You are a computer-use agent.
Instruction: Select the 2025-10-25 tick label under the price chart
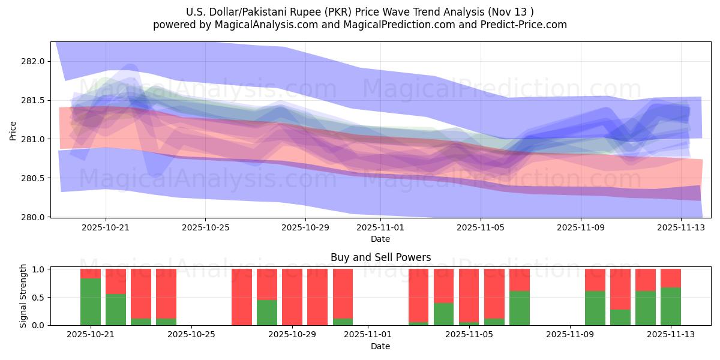tap(205, 227)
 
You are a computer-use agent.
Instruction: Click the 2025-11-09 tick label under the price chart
tap(580, 227)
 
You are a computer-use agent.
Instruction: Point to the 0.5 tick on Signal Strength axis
tap(39, 298)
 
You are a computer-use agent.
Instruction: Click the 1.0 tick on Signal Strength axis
tap(39, 269)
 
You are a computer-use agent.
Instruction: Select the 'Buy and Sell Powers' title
tap(380, 257)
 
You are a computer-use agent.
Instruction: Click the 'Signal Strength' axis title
tap(23, 296)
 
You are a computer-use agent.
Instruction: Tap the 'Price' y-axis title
tap(13, 130)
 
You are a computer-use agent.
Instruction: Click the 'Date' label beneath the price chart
tap(380, 239)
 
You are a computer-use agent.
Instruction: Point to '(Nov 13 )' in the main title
tap(510, 11)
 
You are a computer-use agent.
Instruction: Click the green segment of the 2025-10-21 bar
tap(91, 302)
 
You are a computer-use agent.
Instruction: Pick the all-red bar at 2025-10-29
tap(292, 297)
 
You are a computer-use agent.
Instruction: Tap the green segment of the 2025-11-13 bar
tap(671, 307)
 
